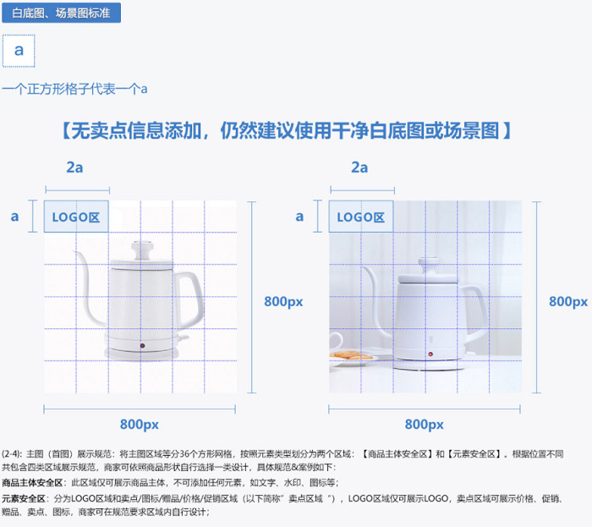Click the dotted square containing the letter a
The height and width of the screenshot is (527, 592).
pos(19,51)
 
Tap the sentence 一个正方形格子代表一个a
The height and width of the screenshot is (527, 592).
pos(75,88)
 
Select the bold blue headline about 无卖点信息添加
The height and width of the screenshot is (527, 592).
pos(286,131)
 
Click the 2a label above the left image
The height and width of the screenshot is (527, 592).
pos(74,167)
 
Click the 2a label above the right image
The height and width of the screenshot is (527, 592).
pos(359,167)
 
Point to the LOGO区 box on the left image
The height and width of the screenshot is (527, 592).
pos(76,217)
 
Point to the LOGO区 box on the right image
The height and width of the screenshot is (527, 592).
pos(361,217)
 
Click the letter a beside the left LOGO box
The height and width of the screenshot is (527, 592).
pos(14,217)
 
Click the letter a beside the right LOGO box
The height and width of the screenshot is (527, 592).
pos(299,217)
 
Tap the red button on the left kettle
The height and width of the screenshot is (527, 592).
pos(141,345)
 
